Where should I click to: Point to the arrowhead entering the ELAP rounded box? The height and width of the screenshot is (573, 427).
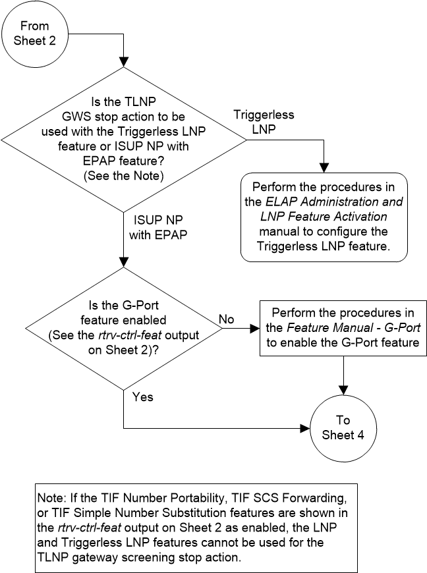tap(324, 168)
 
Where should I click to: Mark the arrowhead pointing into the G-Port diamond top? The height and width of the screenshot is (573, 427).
tap(124, 263)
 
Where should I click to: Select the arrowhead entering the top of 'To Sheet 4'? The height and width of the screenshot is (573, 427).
tap(343, 395)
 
